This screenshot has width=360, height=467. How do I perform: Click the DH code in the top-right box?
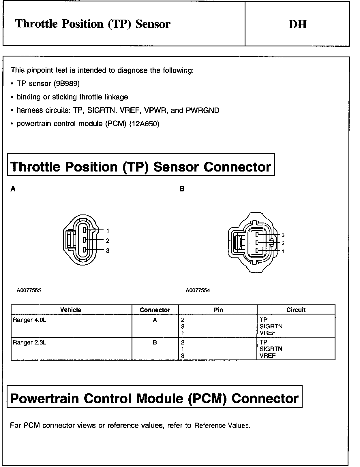(x=297, y=24)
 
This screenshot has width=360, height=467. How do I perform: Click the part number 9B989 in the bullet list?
(x=67, y=84)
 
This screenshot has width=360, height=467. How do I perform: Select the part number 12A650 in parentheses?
(x=144, y=124)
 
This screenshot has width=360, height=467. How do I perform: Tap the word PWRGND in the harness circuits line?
(x=203, y=110)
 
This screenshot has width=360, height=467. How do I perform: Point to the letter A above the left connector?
(x=13, y=189)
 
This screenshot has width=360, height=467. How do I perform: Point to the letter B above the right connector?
(x=182, y=189)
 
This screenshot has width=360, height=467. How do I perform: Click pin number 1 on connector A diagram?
(x=108, y=231)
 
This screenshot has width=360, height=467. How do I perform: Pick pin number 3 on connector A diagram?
(x=108, y=251)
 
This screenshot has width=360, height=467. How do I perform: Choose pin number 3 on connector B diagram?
(x=283, y=235)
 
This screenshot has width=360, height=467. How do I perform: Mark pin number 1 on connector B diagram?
(x=283, y=251)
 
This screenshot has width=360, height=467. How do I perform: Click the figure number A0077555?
(x=29, y=290)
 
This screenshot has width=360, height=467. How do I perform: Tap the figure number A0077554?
(x=198, y=290)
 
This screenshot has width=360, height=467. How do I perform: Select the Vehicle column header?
(x=71, y=310)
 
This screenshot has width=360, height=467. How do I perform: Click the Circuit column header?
(x=296, y=310)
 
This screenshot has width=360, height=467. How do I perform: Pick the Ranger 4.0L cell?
(x=29, y=320)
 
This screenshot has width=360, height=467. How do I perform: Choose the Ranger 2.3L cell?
(x=29, y=342)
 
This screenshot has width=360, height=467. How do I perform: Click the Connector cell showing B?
(x=155, y=342)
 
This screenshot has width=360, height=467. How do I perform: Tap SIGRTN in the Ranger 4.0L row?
(x=271, y=326)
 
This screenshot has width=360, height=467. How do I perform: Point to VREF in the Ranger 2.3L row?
(x=268, y=355)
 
